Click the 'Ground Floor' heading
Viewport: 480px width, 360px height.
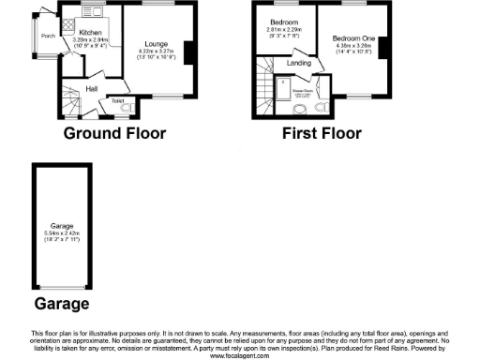pos(114,133)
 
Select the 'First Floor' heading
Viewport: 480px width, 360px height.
pos(322,133)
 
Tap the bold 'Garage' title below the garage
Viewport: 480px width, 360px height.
pos(62,304)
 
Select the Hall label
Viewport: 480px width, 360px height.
pos(93,88)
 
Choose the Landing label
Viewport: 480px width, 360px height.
pos(299,63)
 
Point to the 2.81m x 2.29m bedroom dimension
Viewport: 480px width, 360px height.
pos(284,30)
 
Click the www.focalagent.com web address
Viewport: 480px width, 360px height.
pos(239,355)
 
